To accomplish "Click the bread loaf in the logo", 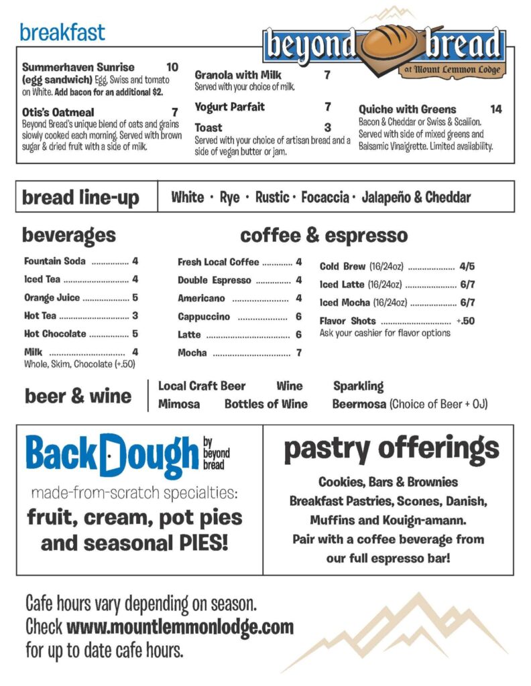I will (x=390, y=44).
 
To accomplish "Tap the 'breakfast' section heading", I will (x=62, y=31).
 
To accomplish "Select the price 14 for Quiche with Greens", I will (x=495, y=109).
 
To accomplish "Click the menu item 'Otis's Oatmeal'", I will (x=58, y=113).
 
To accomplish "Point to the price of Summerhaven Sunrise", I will (x=172, y=67).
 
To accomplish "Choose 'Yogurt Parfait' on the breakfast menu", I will (x=230, y=107).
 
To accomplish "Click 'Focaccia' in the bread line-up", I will (x=324, y=197).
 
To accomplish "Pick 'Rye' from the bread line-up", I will (x=229, y=197).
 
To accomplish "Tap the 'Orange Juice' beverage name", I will (x=52, y=297).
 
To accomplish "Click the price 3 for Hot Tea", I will (x=135, y=316).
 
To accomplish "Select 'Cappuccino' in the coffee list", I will (x=204, y=316).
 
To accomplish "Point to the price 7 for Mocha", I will (x=298, y=352).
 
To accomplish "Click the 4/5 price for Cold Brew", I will (x=467, y=266).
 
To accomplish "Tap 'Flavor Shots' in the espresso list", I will (x=347, y=321).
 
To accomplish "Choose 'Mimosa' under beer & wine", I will (x=179, y=404).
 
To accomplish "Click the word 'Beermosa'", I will (x=359, y=404).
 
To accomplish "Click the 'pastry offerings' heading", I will (x=391, y=449).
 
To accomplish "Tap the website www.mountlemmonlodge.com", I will (x=180, y=627).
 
